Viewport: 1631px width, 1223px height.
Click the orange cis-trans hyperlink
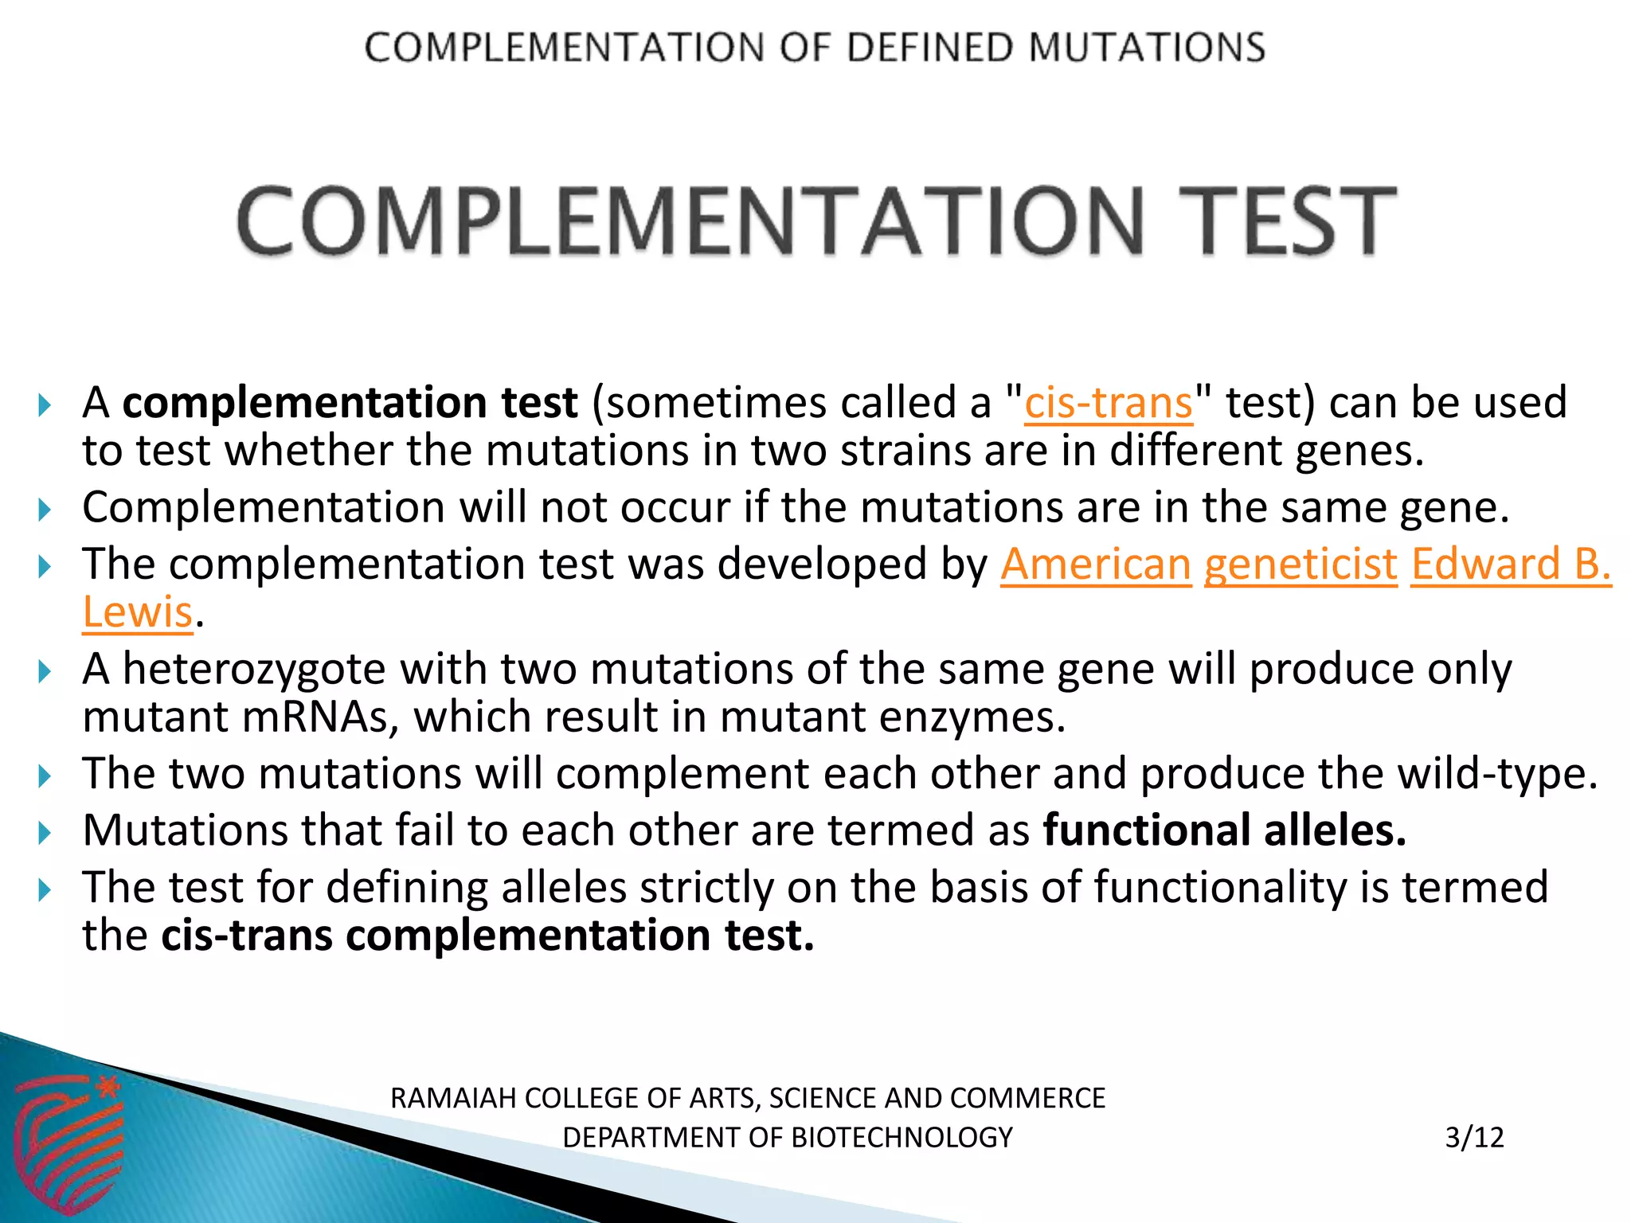1108,403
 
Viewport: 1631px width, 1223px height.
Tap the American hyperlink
1095,565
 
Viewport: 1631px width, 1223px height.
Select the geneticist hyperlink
1300,565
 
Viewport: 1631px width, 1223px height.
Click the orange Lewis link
138,612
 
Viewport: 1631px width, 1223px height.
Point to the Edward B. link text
1511,565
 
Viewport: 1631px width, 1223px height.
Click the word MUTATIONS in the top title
1146,48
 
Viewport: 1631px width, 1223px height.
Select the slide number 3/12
1474,1137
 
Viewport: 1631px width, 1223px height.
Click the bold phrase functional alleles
1224,830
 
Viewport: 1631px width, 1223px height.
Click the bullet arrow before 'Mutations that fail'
45,833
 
